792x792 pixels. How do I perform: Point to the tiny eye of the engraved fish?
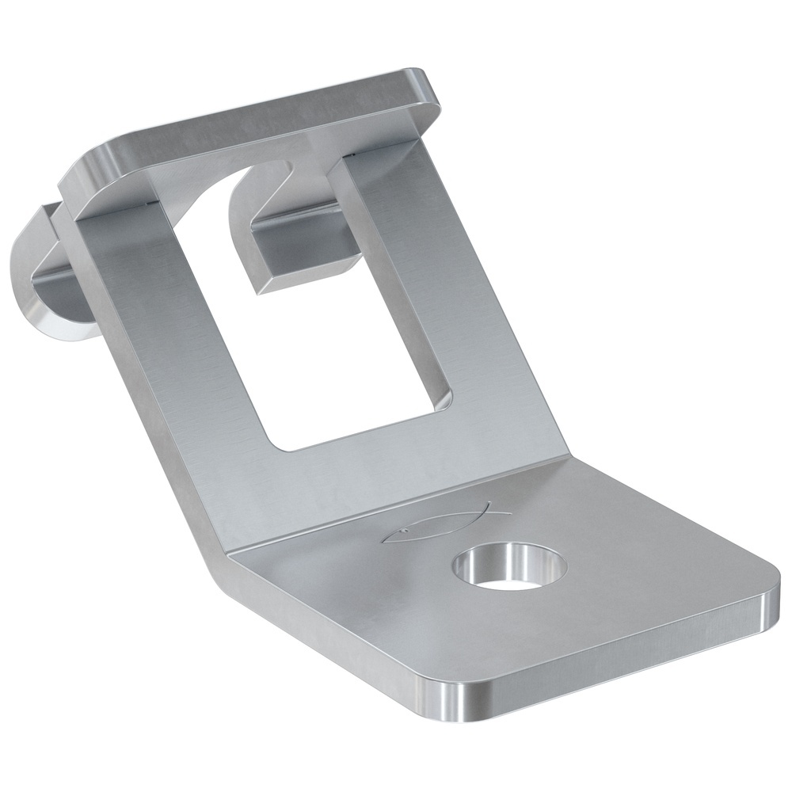[x=402, y=531]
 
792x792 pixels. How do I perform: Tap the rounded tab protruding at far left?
[x=48, y=277]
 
